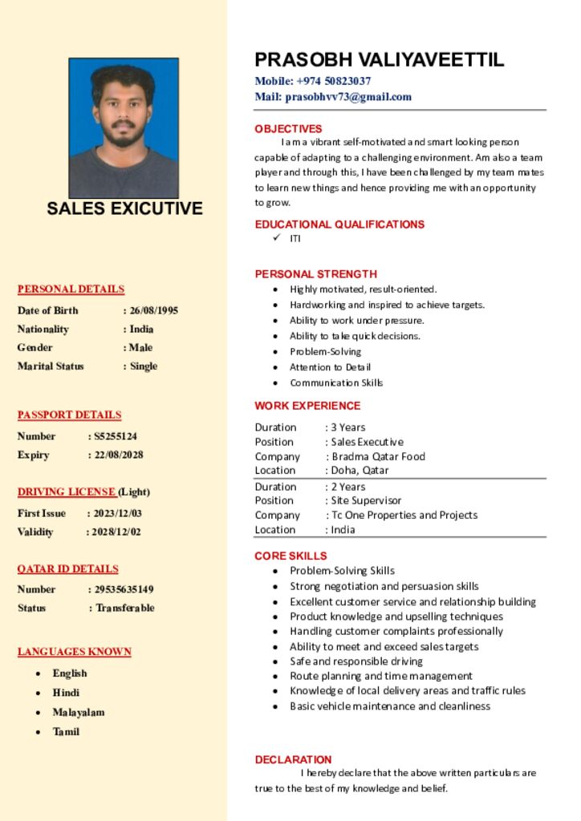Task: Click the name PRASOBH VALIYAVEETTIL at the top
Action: (380, 59)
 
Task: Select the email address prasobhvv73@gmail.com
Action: (347, 97)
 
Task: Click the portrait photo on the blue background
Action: (124, 127)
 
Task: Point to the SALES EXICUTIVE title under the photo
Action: (124, 208)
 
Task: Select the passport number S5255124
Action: (116, 436)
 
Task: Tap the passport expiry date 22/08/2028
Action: (119, 455)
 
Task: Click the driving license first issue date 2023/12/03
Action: (116, 513)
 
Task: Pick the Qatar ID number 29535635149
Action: (124, 589)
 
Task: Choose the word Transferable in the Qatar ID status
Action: (125, 608)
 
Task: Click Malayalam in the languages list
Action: (79, 712)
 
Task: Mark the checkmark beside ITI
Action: (276, 238)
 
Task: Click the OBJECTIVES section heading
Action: (288, 128)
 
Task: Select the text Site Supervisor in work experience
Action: (366, 500)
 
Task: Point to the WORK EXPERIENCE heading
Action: (307, 406)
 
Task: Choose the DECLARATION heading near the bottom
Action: (293, 759)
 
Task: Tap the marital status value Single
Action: (144, 366)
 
